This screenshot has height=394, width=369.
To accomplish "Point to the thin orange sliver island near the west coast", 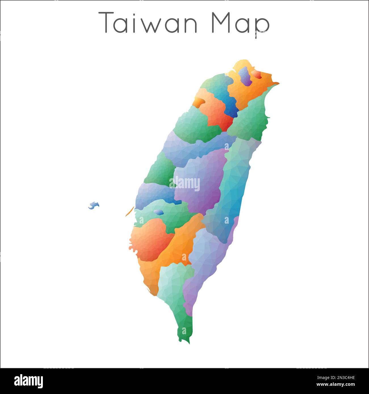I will coord(129,211).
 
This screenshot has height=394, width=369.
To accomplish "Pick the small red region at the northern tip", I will coord(256,74).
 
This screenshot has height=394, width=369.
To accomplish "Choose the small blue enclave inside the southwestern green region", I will coord(159,212).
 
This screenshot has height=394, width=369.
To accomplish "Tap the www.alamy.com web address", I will coord(336,384).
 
